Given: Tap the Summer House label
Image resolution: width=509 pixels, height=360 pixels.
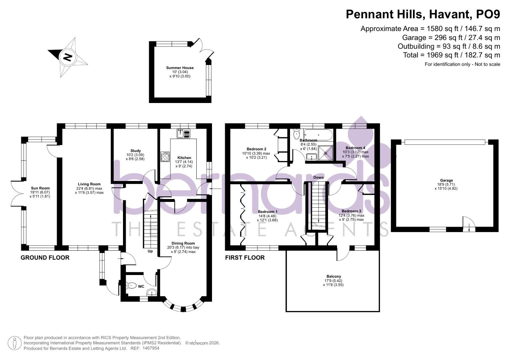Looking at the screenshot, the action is tap(180, 68).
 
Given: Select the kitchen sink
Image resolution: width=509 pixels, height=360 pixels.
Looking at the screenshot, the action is tap(183, 133).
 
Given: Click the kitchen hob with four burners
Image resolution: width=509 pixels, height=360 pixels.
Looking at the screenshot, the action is tap(165, 157).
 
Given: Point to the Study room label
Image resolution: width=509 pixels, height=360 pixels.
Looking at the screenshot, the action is tap(135, 151).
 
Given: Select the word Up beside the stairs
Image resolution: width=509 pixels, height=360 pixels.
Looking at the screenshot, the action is tap(150, 251).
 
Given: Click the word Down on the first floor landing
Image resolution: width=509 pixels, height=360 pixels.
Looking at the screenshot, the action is tap(318, 177).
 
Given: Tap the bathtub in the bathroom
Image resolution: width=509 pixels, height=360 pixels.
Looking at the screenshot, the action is tap(318, 135).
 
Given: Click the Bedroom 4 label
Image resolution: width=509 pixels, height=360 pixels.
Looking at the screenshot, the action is tap(355, 148).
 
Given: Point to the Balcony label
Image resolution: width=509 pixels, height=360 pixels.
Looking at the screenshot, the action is tap(334, 276).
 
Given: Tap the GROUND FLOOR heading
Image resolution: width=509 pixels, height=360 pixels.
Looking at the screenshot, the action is tap(45, 257).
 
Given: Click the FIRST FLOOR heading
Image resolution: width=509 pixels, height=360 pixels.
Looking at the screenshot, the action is tap(245, 257).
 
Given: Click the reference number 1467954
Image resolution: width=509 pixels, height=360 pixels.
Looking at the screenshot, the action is tap(151, 348).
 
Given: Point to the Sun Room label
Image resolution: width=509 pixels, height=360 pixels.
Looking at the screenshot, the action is tap(40, 188).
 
